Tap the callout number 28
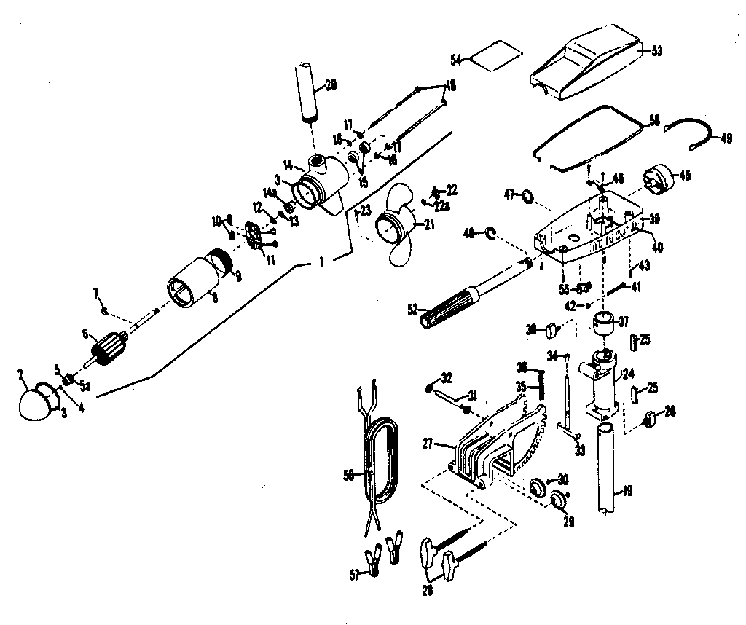pos(427,590)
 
